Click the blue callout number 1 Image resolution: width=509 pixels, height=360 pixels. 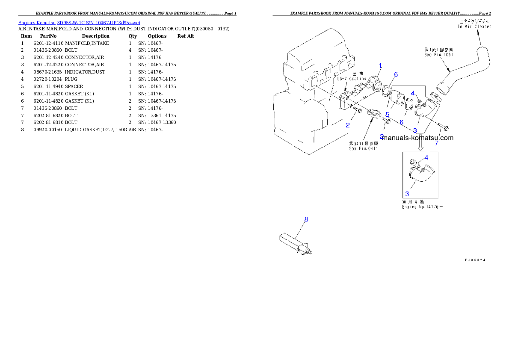point(380,65)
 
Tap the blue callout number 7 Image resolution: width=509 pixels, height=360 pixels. point(437,143)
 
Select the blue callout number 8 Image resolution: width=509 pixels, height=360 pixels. point(306,219)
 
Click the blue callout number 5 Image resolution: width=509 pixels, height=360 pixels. point(387,115)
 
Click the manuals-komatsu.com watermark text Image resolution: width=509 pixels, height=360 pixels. point(418,138)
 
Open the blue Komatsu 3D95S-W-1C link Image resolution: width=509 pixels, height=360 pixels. point(79,22)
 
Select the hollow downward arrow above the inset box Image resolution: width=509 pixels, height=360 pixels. point(420,146)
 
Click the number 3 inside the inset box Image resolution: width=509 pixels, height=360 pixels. point(407,194)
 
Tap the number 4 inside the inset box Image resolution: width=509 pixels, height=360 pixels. point(426,158)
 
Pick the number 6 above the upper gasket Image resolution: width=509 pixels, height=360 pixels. point(396,74)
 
